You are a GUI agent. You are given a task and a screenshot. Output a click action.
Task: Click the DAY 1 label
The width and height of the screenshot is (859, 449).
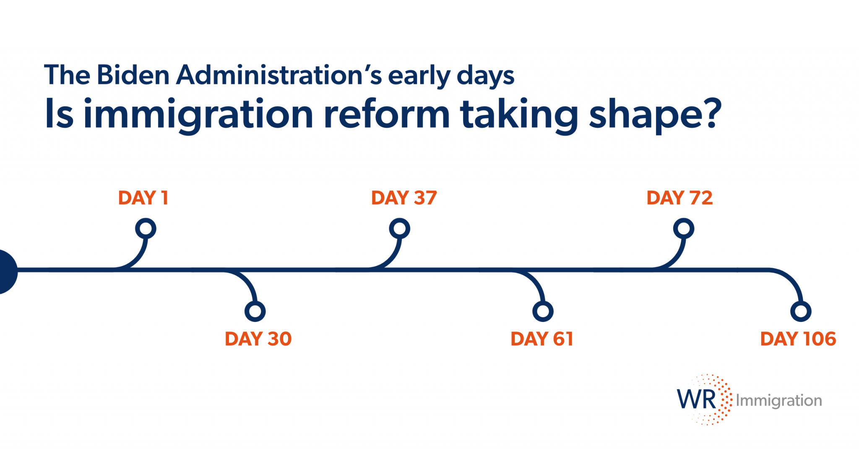click(x=143, y=198)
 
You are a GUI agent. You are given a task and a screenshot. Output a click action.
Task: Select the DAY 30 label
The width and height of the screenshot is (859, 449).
click(x=258, y=339)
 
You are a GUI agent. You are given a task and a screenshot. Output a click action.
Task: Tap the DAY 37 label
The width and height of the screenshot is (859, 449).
click(x=404, y=198)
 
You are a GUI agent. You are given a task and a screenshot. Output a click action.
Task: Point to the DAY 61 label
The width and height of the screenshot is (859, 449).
click(x=542, y=339)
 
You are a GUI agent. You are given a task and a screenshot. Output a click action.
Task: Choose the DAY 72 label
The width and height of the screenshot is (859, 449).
click(x=679, y=198)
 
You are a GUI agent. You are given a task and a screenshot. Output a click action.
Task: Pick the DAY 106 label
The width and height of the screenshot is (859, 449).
click(x=798, y=339)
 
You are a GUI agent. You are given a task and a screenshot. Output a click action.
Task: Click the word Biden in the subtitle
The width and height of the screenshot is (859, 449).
click(x=133, y=75)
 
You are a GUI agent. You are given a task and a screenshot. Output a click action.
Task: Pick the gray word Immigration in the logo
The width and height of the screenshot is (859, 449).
click(x=779, y=400)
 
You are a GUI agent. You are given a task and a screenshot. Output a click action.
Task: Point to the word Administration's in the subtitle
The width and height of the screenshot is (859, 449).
click(x=279, y=75)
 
